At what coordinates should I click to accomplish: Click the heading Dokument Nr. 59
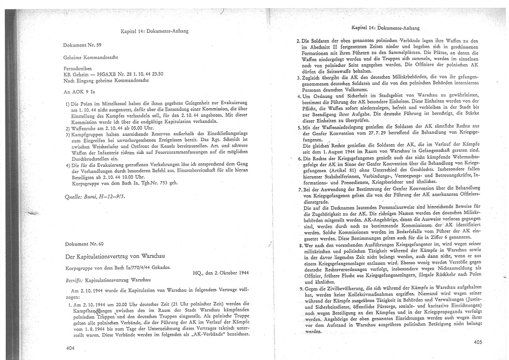(82, 46)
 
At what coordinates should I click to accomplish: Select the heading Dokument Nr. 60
(83, 243)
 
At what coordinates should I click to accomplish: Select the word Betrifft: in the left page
(73, 279)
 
